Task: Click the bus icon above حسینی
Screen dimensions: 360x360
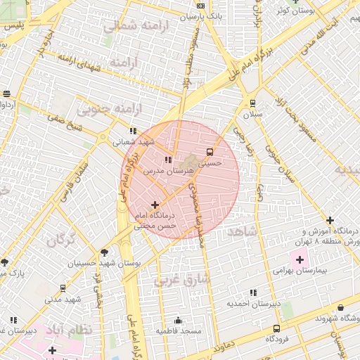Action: click(x=209, y=151)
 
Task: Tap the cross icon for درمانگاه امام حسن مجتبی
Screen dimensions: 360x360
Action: click(x=155, y=205)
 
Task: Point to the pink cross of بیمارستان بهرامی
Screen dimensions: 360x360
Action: click(x=300, y=259)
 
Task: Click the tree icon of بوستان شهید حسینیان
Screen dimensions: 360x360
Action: click(x=104, y=252)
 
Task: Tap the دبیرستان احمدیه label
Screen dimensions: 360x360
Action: click(x=253, y=304)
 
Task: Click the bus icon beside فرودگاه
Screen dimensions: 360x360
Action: click(x=276, y=328)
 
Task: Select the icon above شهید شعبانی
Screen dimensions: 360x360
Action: click(x=132, y=131)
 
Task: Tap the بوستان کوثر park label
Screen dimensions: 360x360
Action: click(x=294, y=11)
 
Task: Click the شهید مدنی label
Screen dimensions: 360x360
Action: click(x=64, y=300)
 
